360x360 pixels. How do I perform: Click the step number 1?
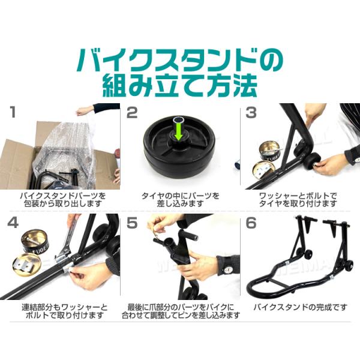click(x=13, y=112)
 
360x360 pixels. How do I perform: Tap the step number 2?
click(x=132, y=113)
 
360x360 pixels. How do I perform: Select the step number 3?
click(x=251, y=113)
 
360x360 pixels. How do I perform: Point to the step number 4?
click(x=13, y=223)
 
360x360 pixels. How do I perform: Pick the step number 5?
click(x=132, y=223)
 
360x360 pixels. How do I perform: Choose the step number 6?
click(x=251, y=223)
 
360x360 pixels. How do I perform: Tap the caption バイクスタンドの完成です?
click(x=300, y=307)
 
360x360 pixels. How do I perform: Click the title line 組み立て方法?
click(x=180, y=85)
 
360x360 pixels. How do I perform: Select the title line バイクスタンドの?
click(x=180, y=59)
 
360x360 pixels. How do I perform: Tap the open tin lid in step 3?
click(x=263, y=169)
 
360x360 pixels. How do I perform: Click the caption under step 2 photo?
click(x=180, y=199)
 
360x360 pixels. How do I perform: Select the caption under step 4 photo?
click(x=65, y=311)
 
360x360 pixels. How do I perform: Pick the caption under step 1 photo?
click(x=62, y=199)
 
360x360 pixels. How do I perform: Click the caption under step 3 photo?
click(x=298, y=199)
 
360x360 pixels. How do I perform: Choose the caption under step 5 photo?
click(x=181, y=311)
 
